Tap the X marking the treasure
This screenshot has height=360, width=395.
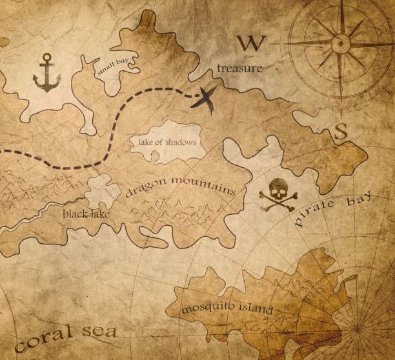206,99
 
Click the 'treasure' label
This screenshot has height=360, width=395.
239,68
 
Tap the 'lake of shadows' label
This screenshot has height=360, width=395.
167,141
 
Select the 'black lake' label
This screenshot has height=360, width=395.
86,212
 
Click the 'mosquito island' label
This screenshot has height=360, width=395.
227,308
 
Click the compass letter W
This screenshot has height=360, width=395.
250,43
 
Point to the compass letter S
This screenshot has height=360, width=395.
341,131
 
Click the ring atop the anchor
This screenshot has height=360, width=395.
46,58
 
